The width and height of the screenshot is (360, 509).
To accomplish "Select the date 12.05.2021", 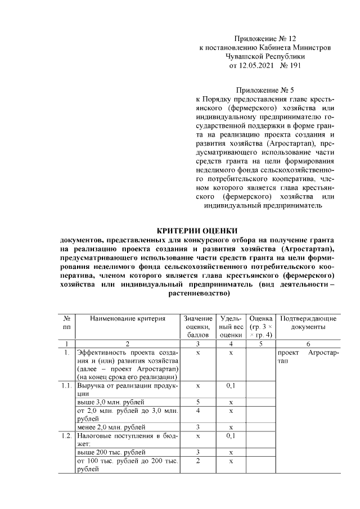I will point(249,66).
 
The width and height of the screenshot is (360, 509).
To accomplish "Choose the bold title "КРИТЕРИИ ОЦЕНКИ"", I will point(196,230).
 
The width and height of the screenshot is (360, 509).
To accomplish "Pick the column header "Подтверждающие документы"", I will point(308,322).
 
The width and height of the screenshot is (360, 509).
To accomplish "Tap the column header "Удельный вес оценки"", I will point(231,326).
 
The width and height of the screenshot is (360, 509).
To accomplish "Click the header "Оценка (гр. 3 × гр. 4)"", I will point(260,326).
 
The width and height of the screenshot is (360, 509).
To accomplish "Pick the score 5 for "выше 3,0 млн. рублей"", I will point(199,402).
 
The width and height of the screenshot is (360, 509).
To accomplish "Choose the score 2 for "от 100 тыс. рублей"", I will point(199,461).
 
